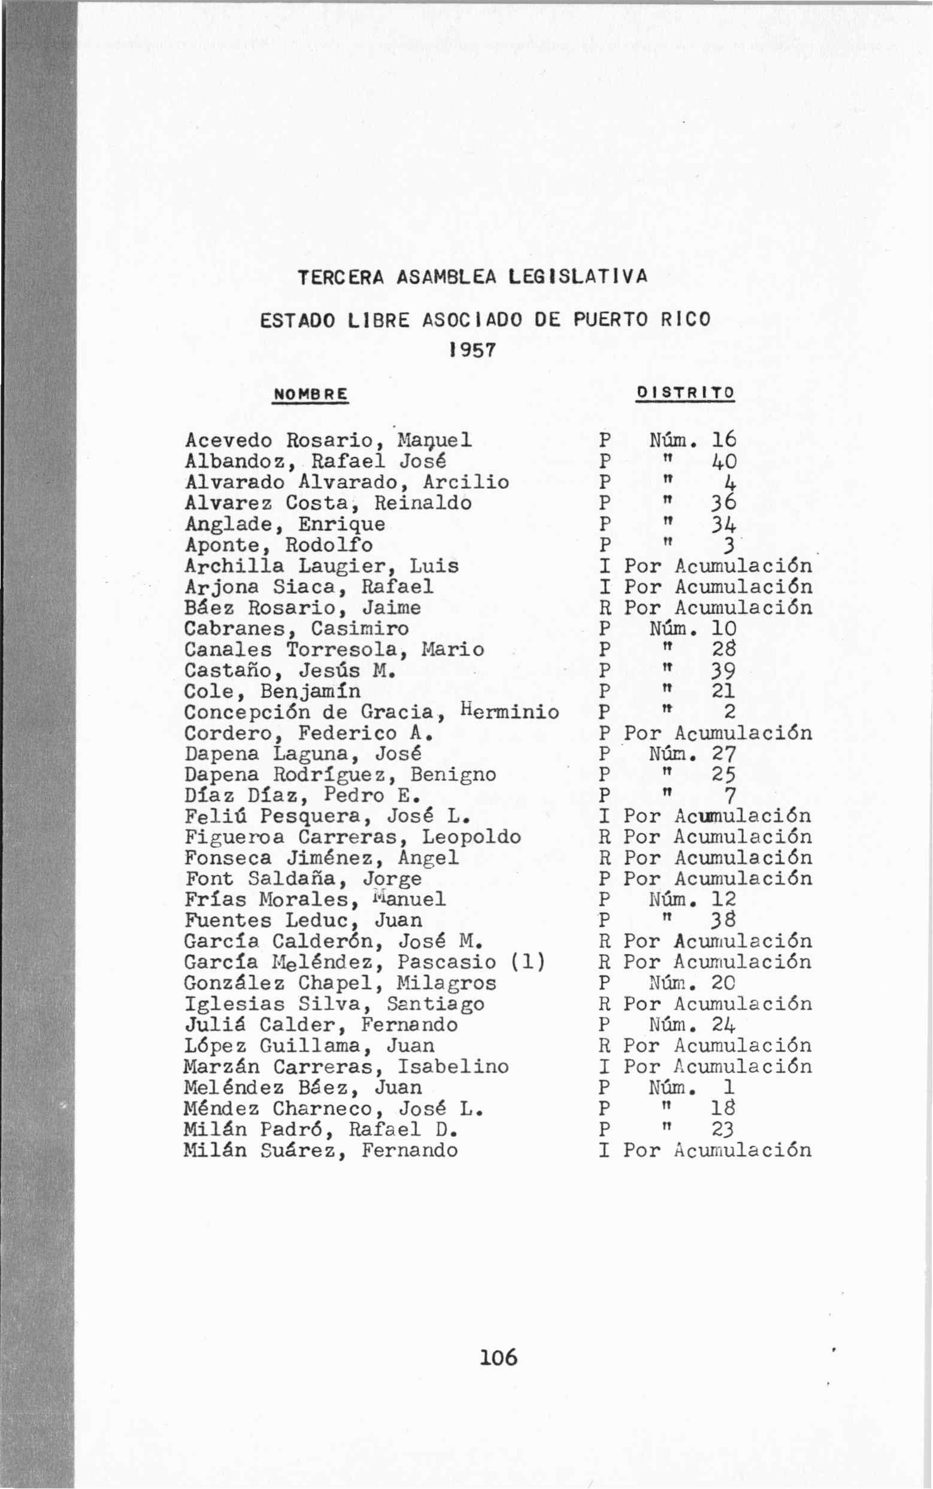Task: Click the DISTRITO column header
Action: [x=685, y=392]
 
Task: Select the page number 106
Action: [x=499, y=1357]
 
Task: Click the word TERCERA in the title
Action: [x=341, y=278]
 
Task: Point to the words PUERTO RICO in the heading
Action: [x=642, y=319]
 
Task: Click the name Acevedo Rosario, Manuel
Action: [x=328, y=441]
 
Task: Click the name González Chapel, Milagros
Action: [x=340, y=983]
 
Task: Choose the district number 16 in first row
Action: [x=724, y=441]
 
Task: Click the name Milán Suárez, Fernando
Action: [x=321, y=1150]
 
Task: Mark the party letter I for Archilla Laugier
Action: [x=605, y=566]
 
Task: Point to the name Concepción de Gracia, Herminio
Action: [x=371, y=712]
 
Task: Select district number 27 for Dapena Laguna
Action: [x=724, y=754]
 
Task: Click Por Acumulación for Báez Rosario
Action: [x=717, y=608]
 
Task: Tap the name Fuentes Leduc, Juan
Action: [x=303, y=921]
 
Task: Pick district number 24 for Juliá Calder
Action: [x=724, y=1025]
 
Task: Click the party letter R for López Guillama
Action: [x=605, y=1046]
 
